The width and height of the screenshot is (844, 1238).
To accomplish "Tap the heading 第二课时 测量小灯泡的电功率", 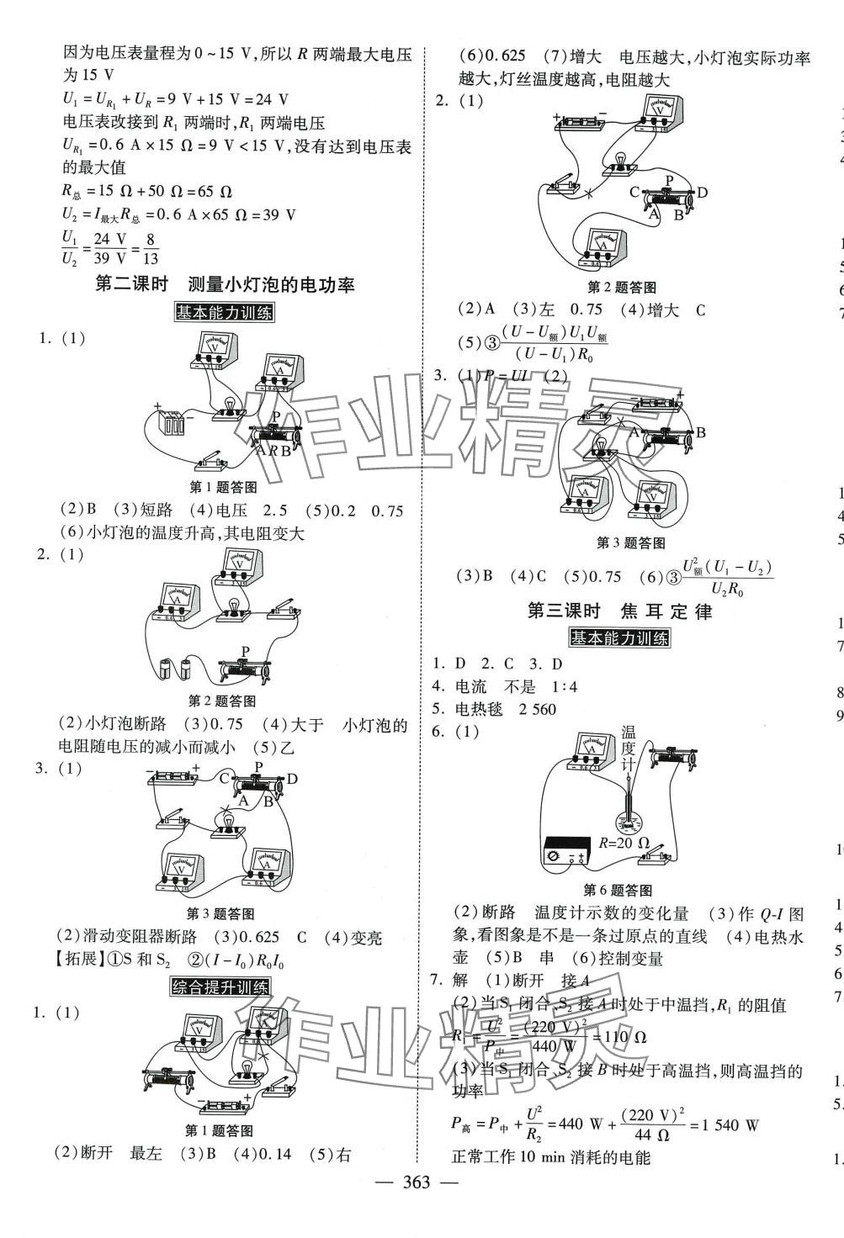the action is pyautogui.click(x=226, y=284).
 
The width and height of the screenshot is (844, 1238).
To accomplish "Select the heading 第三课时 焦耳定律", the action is pyautogui.click(x=619, y=611).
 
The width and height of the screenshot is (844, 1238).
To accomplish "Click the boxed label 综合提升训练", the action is pyautogui.click(x=220, y=987).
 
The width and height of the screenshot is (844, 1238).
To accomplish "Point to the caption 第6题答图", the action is pyautogui.click(x=618, y=890).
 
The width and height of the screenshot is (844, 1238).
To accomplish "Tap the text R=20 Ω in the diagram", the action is pyautogui.click(x=624, y=843).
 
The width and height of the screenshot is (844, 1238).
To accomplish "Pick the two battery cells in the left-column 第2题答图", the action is pyautogui.click(x=175, y=669).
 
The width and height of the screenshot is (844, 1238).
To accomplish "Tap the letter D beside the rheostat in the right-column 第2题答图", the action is pyautogui.click(x=703, y=193).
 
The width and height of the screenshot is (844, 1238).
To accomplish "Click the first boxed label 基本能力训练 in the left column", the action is pyautogui.click(x=224, y=313).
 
